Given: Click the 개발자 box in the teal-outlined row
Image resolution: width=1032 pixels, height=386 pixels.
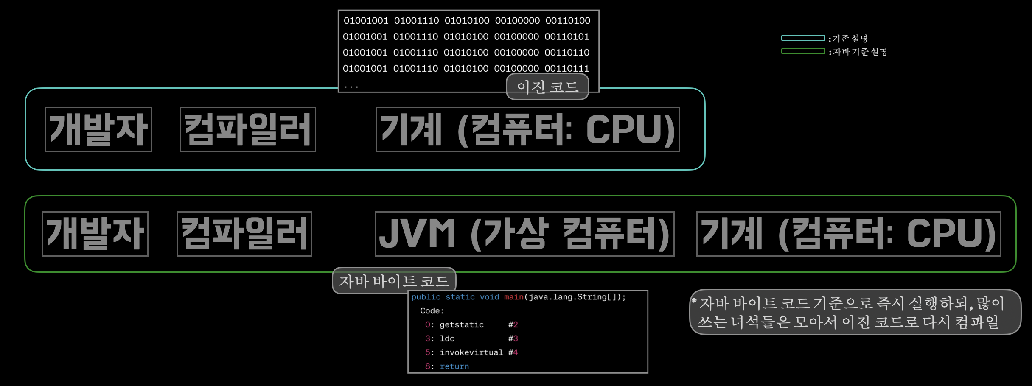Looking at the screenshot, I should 98,129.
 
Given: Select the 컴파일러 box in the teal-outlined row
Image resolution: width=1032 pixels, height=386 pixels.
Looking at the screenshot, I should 248,129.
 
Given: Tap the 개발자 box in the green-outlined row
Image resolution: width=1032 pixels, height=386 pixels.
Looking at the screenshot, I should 95,234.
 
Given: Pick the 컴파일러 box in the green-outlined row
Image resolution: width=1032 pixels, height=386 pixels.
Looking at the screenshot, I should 244,234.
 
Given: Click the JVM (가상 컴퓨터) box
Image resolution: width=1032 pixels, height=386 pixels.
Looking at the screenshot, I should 524,234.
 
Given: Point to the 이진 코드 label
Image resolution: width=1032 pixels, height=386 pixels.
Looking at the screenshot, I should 547,87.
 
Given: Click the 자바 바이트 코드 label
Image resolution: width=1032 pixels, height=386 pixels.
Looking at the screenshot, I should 394,281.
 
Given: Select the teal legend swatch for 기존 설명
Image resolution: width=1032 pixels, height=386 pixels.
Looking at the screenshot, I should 803,38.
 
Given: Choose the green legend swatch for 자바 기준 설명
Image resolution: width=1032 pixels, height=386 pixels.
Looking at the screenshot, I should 803,51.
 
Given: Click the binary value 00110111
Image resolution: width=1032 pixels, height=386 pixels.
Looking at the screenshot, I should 567,68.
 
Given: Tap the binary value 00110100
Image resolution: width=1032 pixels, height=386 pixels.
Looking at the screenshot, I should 568,20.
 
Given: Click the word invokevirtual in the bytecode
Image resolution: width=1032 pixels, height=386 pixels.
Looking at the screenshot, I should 471,352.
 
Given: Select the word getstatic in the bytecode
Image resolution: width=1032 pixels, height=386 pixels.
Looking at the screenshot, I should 462,325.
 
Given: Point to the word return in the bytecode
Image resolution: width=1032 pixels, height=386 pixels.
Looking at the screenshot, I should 454,366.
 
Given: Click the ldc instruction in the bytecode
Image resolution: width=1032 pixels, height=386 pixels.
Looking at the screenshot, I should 447,339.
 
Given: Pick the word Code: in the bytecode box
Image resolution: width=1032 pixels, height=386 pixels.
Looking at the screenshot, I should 432,311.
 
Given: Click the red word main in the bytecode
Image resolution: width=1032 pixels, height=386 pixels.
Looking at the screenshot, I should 513,297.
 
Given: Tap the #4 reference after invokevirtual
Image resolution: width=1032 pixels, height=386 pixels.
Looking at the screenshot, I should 513,352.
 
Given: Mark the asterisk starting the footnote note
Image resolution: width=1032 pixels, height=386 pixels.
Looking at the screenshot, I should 694,302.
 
